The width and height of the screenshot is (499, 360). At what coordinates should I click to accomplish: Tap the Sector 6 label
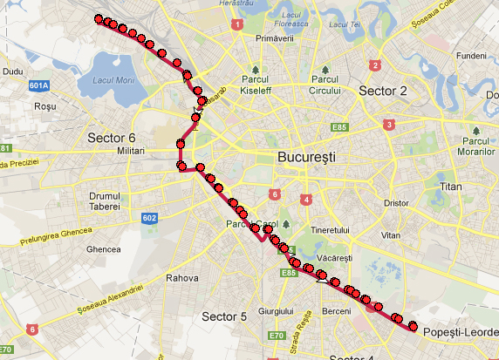point(112,138)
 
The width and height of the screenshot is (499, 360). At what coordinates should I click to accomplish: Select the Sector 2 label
point(382,91)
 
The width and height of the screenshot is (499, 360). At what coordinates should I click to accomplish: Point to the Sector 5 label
point(224,316)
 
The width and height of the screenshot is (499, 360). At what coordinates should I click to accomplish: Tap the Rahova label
point(182,279)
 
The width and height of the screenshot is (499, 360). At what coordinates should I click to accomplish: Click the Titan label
point(451,187)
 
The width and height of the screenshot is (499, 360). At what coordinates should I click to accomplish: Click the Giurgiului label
point(276,310)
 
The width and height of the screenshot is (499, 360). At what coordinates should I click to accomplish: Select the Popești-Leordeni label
point(460,333)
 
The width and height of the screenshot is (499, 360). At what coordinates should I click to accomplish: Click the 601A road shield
point(38,85)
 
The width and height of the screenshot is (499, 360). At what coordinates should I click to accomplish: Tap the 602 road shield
point(149,218)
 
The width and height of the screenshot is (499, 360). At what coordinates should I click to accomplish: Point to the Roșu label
point(44,106)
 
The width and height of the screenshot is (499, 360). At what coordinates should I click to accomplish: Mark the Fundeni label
point(470,55)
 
